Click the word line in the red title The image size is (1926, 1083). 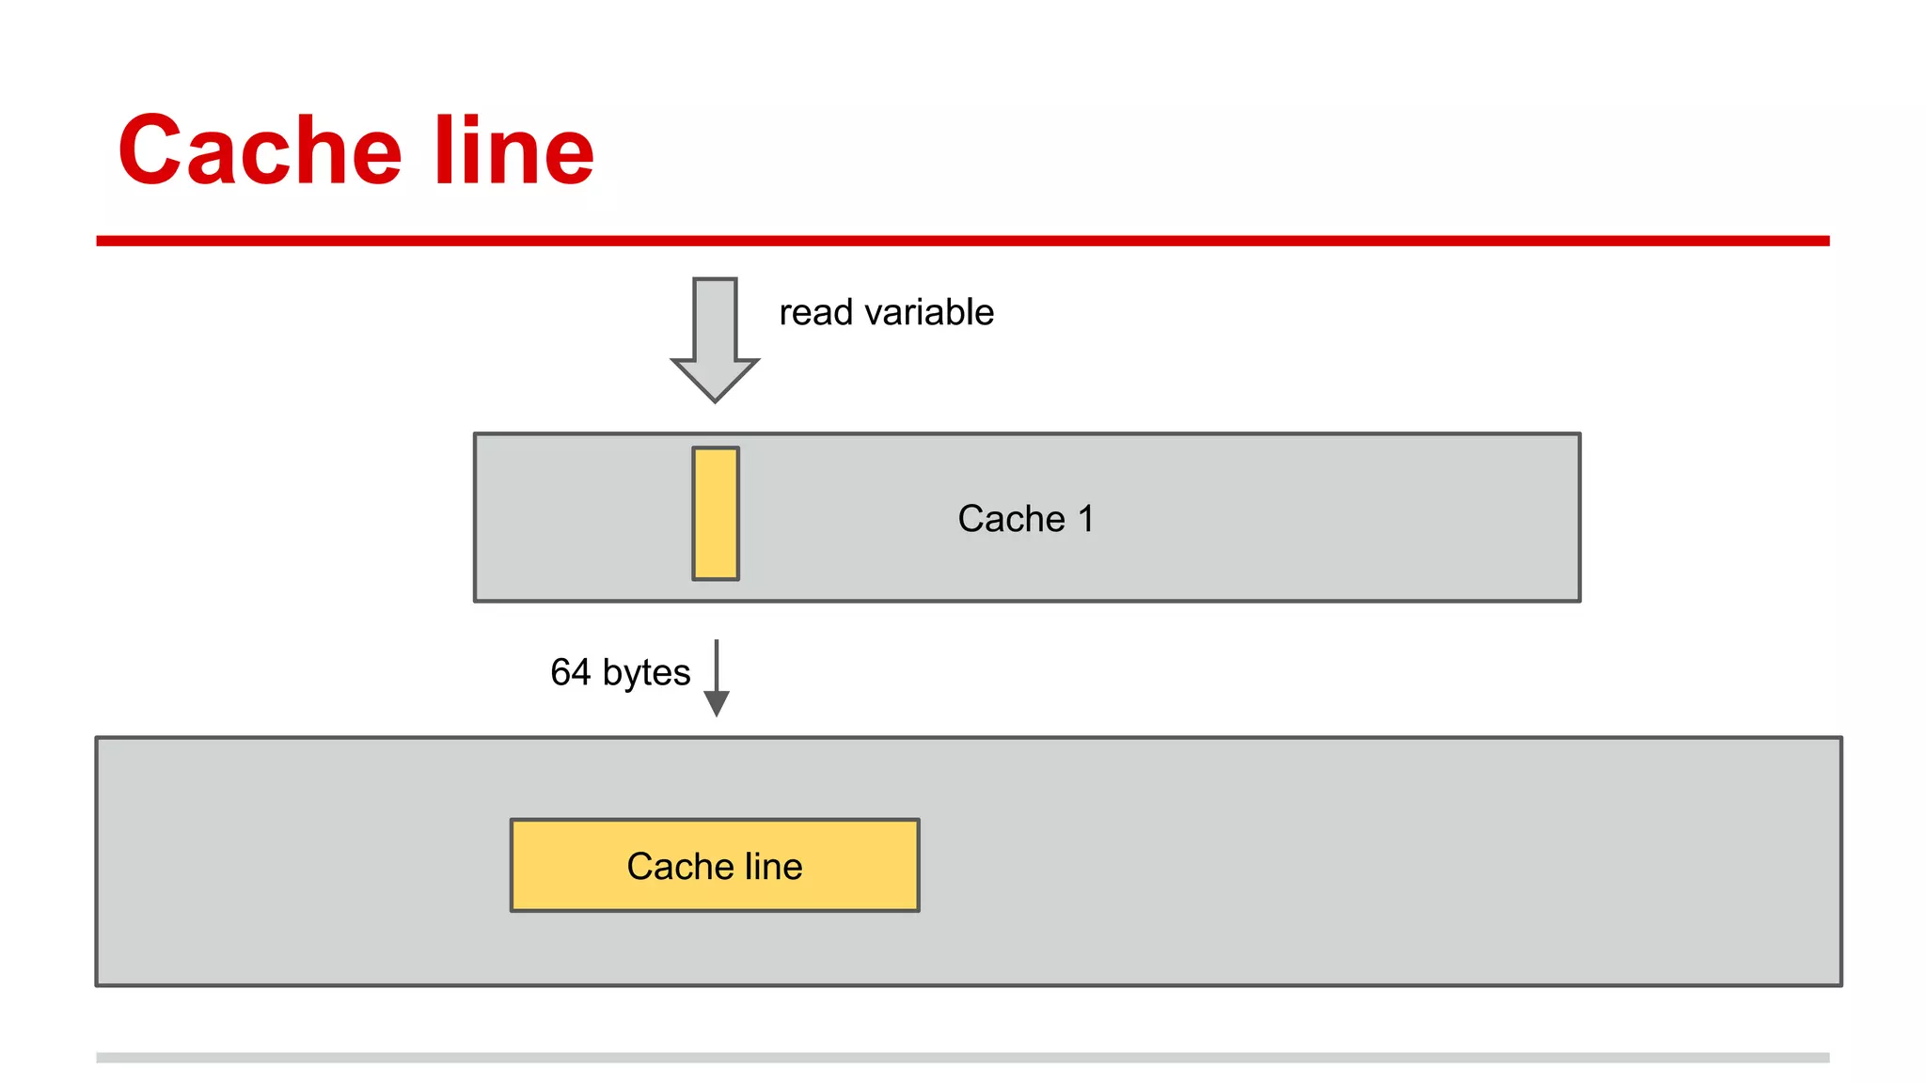coord(513,150)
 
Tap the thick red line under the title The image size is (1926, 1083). coord(962,241)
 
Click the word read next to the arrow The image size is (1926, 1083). coord(815,312)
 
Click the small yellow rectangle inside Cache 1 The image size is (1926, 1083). coord(716,513)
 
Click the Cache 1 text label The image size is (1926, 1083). coord(1025,519)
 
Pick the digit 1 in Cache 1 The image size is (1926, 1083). coord(1085,519)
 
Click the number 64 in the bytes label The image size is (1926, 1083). coord(570,672)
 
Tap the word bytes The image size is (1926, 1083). coord(646,673)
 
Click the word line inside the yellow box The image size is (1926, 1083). coord(773,866)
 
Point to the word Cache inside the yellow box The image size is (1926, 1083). coord(673,866)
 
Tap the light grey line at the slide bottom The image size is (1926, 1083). coord(962,1058)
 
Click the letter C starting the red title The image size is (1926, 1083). coord(150,150)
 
